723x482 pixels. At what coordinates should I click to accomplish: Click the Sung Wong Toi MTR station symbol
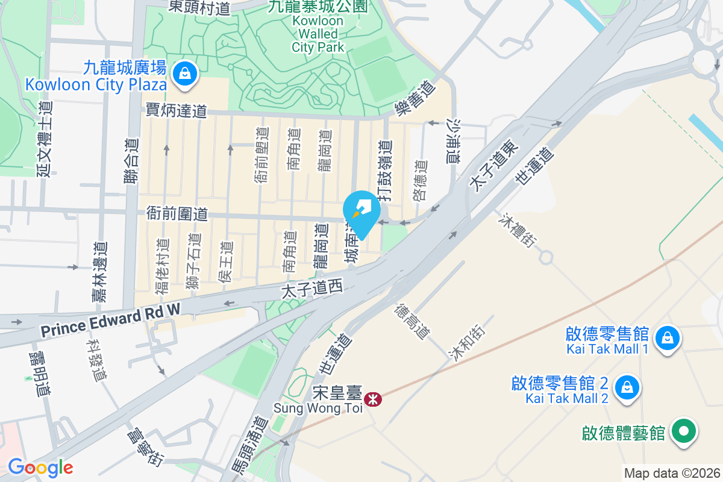[373, 398]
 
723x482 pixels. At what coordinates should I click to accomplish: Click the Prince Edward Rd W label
[110, 321]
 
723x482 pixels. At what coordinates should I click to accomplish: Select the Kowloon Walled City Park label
[318, 34]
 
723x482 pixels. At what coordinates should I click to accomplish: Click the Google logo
[40, 468]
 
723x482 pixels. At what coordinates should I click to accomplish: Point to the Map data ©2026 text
[671, 473]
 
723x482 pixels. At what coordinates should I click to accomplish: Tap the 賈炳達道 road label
[177, 110]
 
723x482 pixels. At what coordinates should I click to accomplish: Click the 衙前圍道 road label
[177, 213]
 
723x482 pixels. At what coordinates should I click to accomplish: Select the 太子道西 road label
[312, 290]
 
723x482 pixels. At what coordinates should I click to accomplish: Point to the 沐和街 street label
[466, 342]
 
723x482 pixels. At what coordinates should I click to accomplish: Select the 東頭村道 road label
[191, 7]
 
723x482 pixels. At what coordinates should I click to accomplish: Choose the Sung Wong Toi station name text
[318, 408]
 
